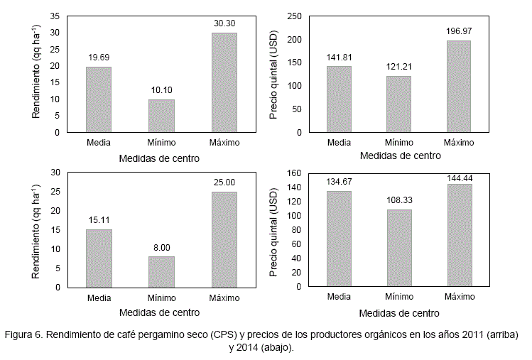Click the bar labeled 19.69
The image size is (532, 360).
[x=98, y=99]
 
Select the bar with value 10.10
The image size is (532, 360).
[x=161, y=116]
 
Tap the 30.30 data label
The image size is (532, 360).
[x=224, y=23]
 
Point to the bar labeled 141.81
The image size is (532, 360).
[x=339, y=99]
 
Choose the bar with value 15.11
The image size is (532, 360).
[x=98, y=258]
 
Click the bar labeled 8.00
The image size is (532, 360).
[x=161, y=272]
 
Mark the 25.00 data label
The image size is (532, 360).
[x=224, y=182]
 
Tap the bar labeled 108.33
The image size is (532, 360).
[x=399, y=248]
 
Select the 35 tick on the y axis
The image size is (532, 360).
[x=55, y=16]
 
